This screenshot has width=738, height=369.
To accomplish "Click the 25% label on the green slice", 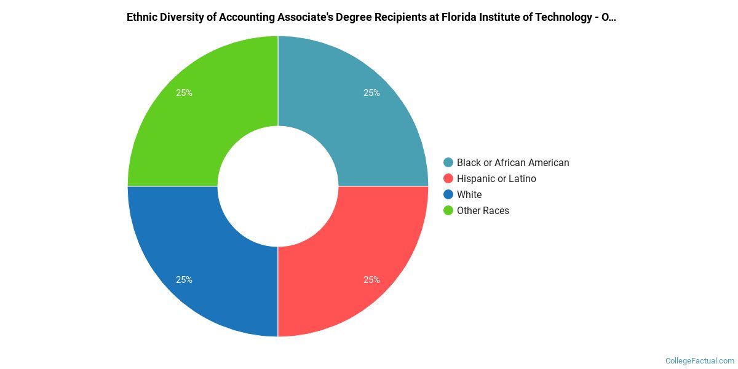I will [184, 93].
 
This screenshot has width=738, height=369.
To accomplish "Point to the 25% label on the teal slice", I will [371, 93].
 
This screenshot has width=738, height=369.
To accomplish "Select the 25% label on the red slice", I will [371, 280].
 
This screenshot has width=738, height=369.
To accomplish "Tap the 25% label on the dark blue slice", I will [184, 280].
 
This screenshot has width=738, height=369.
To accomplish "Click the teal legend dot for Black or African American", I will [448, 163].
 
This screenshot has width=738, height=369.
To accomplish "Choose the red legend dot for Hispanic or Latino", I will [448, 179].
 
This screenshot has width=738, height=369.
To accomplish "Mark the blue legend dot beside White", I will [448, 195].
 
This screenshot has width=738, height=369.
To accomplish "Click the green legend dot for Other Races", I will [448, 211].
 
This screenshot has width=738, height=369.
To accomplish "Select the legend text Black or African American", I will [513, 163].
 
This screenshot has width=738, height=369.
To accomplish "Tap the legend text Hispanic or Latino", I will [496, 179].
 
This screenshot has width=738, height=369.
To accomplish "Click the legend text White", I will [469, 195].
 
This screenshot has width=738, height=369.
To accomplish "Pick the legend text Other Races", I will [483, 211].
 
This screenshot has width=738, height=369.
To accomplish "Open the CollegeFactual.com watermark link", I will [700, 361].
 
